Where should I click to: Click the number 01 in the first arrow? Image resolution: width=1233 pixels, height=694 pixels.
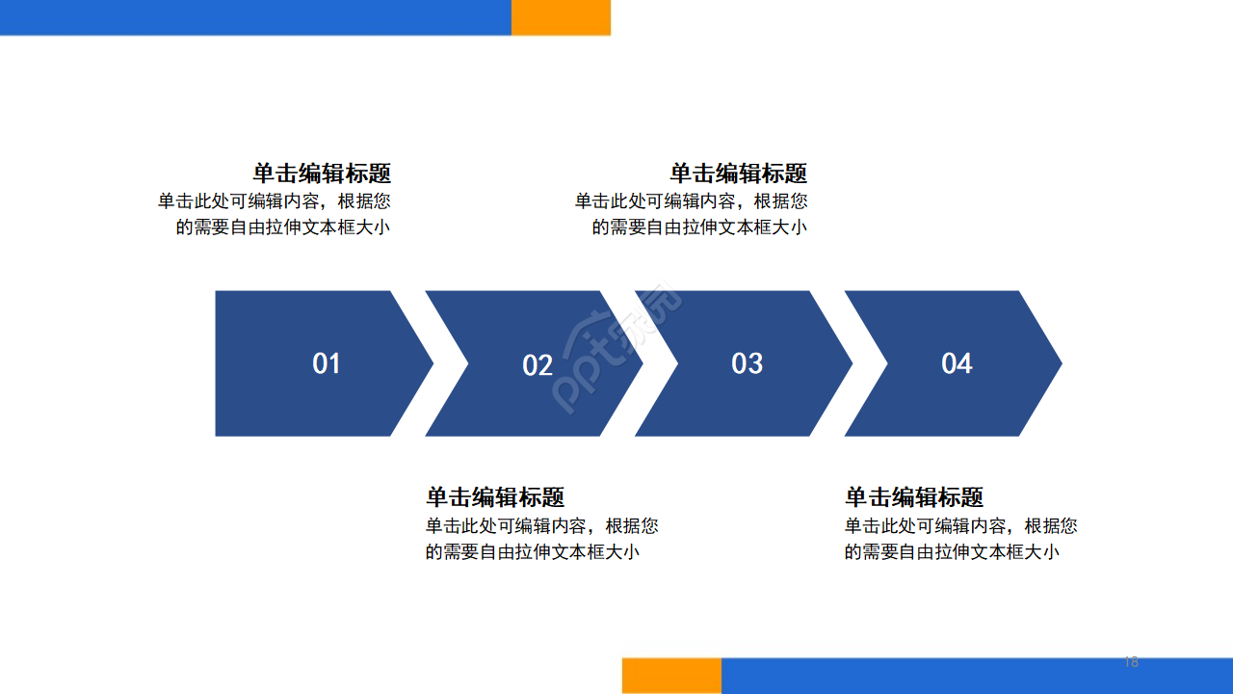327,363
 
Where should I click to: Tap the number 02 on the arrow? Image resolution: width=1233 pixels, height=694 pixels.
538,365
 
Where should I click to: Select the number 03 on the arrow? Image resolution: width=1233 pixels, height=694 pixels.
748,363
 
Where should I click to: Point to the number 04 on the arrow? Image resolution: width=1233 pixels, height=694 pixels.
957,363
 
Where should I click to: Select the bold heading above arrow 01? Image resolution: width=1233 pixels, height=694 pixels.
322,173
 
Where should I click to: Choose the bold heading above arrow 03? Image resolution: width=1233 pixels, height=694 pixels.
739,173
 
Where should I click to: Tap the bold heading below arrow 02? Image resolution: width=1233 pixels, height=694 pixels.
495,497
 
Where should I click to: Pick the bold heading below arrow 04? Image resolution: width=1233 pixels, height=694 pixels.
914,497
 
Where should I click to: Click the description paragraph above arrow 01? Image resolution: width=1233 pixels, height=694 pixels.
275,214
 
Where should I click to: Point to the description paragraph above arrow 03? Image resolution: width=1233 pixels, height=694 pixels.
692,214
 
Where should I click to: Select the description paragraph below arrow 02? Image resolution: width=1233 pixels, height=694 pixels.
542,539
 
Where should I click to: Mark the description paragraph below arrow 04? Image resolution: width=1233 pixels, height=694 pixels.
961,539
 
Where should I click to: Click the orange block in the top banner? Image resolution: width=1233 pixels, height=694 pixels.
561,17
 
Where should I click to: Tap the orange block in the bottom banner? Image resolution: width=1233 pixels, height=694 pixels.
671,676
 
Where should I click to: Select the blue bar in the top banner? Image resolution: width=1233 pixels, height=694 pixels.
255,17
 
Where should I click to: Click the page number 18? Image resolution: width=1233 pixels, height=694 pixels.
1131,662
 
